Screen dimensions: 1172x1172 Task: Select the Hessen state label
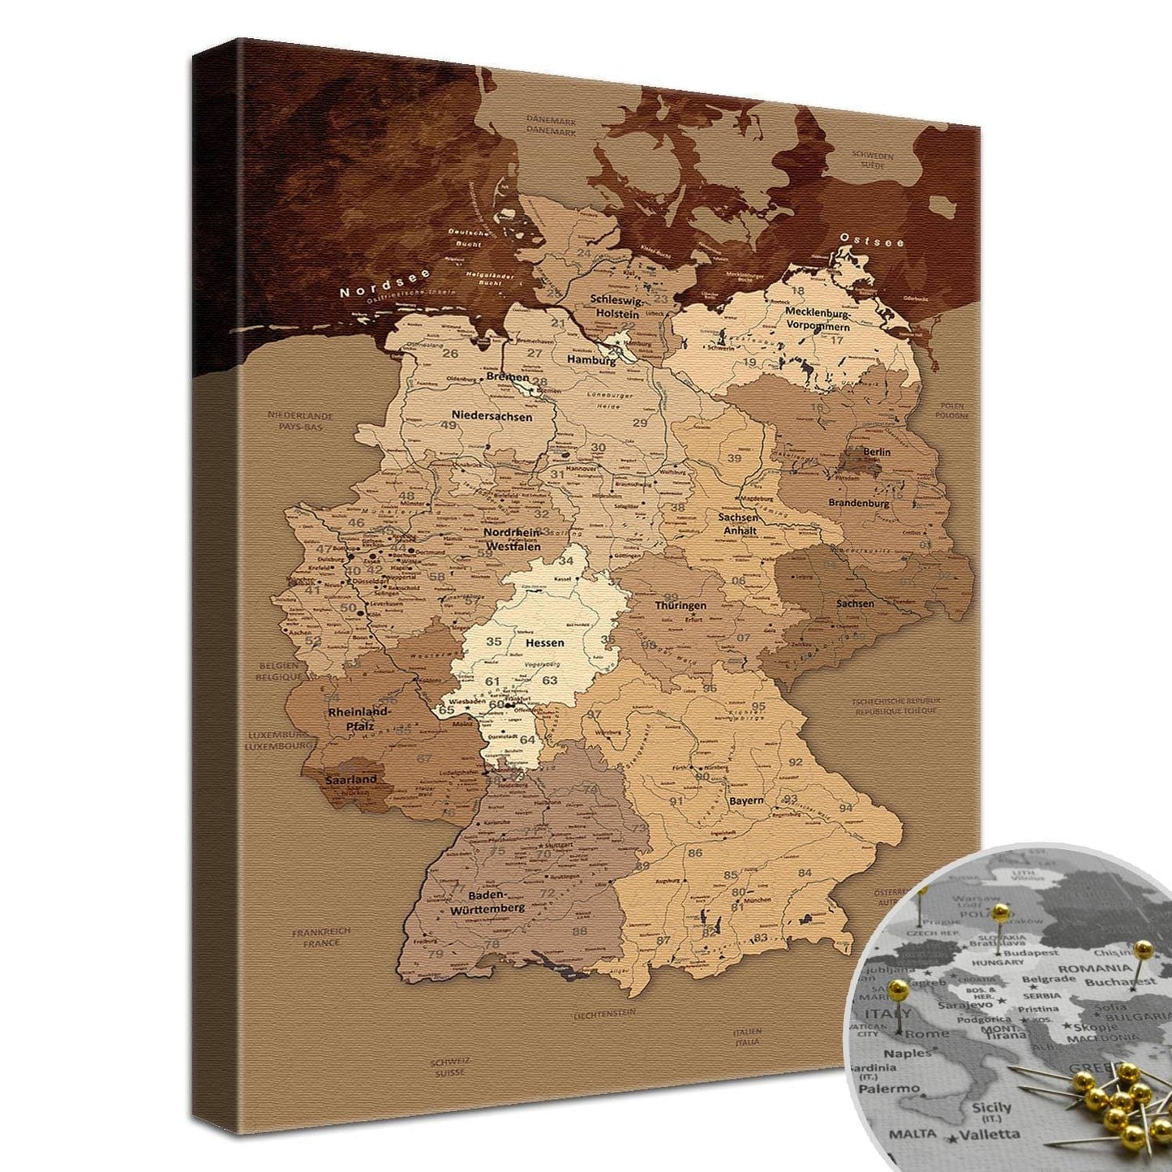[x=544, y=642]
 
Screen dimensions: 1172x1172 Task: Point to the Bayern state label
[x=745, y=801]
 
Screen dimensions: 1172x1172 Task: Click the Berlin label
[x=877, y=452]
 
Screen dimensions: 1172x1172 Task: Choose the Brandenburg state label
[x=858, y=503]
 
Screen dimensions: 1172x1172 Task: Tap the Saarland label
[x=351, y=779]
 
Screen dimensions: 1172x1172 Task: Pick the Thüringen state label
[x=680, y=605]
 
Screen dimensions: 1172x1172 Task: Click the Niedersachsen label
[x=492, y=416]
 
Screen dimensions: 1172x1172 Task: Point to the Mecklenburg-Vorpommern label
[x=818, y=319]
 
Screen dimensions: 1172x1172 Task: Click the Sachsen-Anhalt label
[x=739, y=524]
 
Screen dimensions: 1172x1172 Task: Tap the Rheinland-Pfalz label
[x=359, y=719]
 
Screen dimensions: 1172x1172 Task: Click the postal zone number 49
[x=448, y=425]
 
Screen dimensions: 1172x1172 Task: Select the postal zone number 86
[x=695, y=852]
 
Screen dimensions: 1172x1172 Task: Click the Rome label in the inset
[x=927, y=1033]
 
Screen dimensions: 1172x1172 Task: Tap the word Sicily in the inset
[x=991, y=1107]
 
